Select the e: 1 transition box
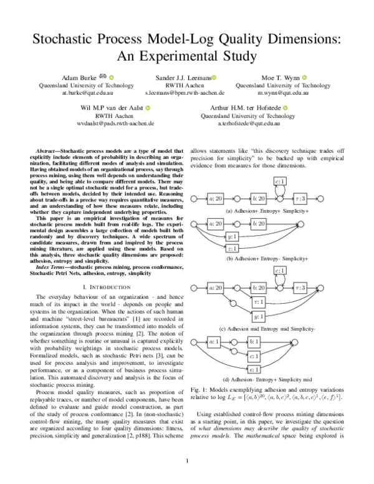pos(254,369)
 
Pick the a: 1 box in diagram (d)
pos(214,342)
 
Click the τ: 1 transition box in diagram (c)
pos(257,302)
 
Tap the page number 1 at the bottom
pos(187,462)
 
